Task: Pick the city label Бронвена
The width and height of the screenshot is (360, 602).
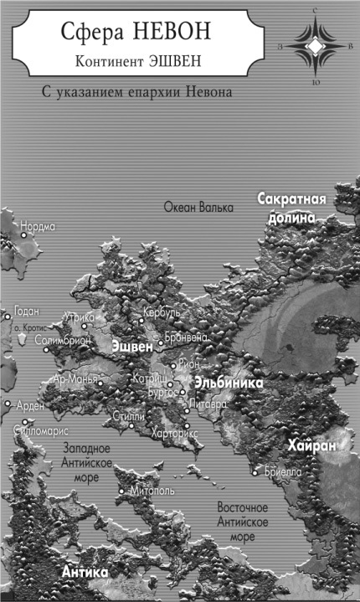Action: pos(187,337)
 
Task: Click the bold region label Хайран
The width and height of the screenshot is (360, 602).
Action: pos(311,446)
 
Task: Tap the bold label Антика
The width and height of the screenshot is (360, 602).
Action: pos(85,571)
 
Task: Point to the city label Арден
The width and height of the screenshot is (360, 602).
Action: pos(30,405)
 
